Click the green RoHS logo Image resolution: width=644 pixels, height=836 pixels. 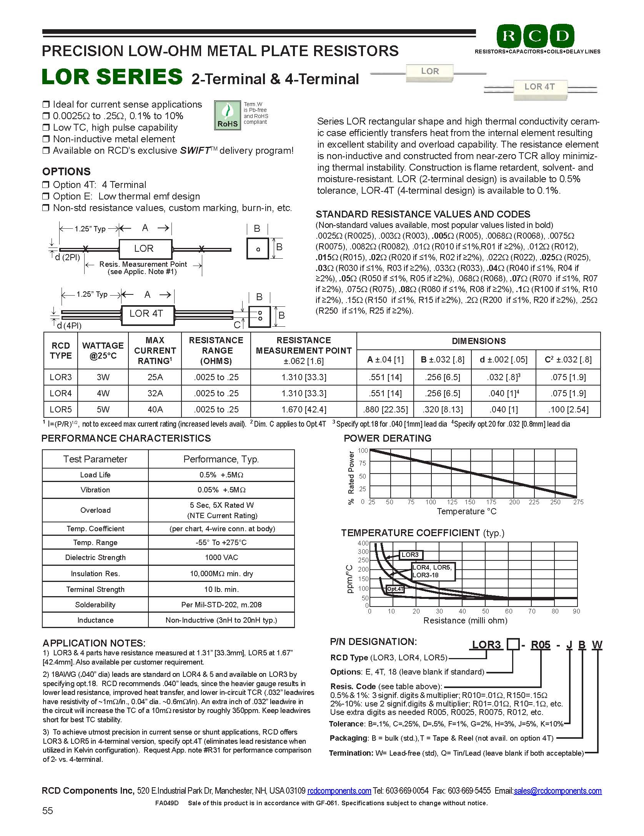[227, 115]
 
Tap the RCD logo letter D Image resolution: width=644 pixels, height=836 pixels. [562, 37]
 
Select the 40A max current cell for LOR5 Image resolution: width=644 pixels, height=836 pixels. [155, 409]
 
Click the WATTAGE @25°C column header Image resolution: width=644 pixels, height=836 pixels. [103, 351]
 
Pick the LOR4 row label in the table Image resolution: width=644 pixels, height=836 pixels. [61, 393]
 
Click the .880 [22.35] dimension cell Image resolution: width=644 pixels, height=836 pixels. [385, 409]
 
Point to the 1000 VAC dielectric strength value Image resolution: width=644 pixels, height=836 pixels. [221, 557]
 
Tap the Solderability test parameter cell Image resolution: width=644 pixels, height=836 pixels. [95, 605]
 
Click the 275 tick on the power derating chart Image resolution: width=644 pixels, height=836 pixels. [578, 502]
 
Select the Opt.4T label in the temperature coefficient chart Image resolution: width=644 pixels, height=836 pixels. [395, 589]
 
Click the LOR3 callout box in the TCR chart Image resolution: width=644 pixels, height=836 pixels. [410, 555]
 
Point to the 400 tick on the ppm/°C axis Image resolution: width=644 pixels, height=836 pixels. [363, 543]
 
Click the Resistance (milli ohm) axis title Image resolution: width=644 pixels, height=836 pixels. [465, 620]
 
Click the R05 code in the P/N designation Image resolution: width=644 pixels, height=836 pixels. [541, 645]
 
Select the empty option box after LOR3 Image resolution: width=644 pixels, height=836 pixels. [513, 644]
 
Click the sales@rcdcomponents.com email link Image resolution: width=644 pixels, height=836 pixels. [557, 791]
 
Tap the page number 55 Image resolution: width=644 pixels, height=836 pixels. [48, 811]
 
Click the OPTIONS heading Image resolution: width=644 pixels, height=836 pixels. [66, 171]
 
